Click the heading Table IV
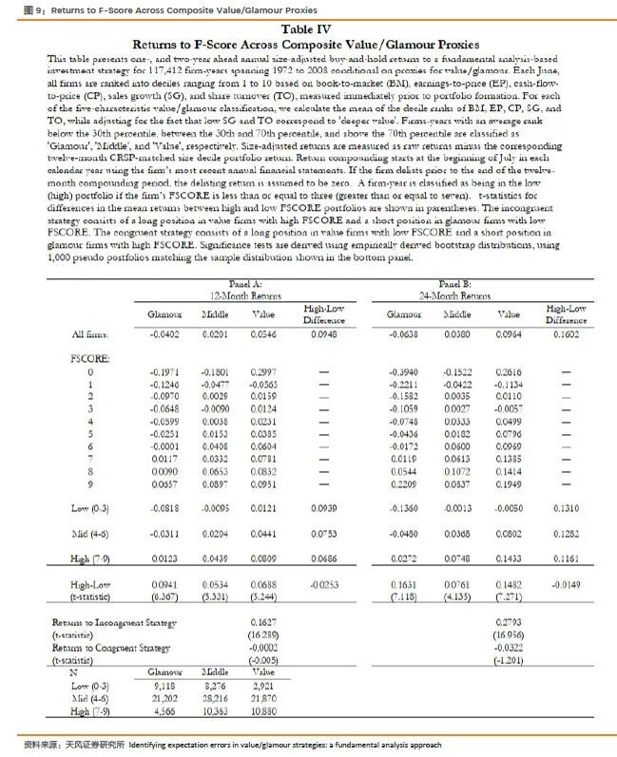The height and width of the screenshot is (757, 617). click(308, 29)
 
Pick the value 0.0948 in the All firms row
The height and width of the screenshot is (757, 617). click(323, 334)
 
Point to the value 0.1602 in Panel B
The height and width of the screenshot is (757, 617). click(566, 334)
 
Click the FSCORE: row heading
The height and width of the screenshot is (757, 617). click(90, 360)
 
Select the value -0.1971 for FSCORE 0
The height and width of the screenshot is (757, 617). click(164, 372)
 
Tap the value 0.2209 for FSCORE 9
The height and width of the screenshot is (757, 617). click(405, 483)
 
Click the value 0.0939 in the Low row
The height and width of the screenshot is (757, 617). click(323, 509)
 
